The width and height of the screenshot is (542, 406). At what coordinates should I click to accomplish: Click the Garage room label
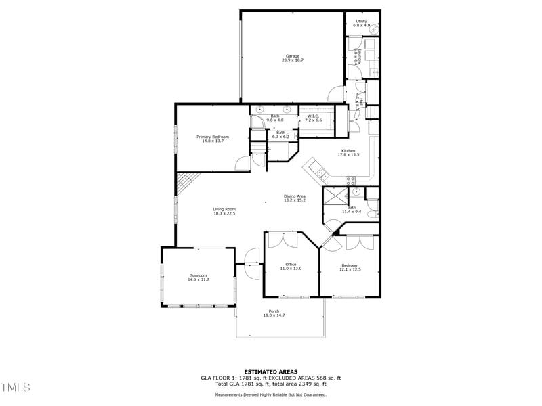[x=292, y=58]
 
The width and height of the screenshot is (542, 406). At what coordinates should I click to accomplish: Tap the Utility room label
[x=362, y=23]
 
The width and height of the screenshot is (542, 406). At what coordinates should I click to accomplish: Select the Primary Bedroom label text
[x=213, y=139]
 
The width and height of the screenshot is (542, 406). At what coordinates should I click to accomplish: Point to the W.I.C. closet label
[x=312, y=118]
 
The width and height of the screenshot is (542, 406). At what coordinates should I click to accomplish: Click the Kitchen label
[x=348, y=152]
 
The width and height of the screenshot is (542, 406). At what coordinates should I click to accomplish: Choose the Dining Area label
[x=294, y=198]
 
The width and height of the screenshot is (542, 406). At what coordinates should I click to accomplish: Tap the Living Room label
[x=224, y=211]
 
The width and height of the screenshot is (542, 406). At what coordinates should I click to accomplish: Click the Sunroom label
[x=198, y=277]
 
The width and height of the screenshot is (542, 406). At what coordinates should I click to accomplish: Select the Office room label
[x=291, y=267]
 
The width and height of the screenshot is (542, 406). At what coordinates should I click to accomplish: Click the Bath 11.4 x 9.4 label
[x=352, y=210]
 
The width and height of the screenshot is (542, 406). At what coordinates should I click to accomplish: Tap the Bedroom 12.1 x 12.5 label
[x=350, y=267]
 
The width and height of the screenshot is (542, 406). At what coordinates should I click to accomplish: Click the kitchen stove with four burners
[x=351, y=180]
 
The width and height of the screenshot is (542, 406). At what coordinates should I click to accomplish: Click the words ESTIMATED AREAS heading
[x=270, y=371]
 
